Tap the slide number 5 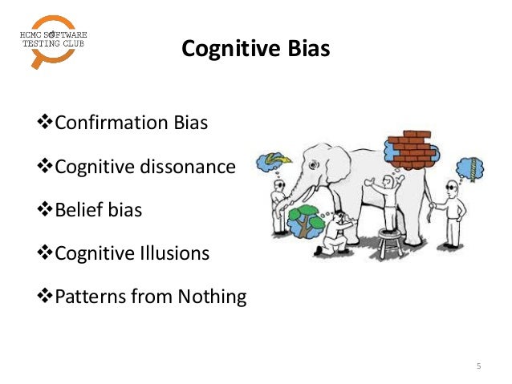coord(479,366)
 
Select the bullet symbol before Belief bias coord(46,210)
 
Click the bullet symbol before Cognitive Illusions coord(46,253)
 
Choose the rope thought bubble coord(469,169)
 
